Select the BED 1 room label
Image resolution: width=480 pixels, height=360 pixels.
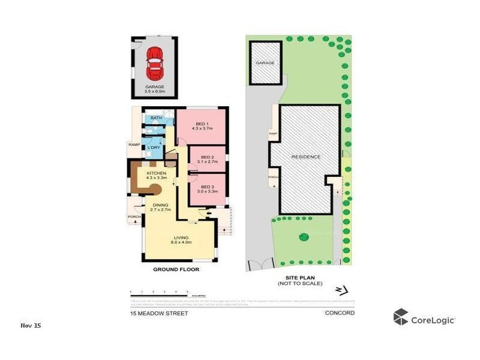point(202,126)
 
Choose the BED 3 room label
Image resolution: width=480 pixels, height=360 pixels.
point(208,189)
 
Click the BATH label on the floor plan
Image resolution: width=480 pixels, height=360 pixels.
point(156,118)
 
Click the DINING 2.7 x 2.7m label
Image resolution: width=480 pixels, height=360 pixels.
point(161,207)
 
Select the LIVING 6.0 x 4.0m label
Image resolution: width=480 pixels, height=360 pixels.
point(180,239)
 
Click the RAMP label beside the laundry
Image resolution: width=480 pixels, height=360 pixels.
point(133,145)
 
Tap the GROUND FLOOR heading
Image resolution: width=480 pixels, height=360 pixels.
point(176,269)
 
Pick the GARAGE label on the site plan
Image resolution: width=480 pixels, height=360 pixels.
point(265,63)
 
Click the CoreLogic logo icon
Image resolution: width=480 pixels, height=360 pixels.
point(401,317)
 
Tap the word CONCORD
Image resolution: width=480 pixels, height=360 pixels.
point(340,313)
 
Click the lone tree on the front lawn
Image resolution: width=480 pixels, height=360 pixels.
point(303,237)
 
